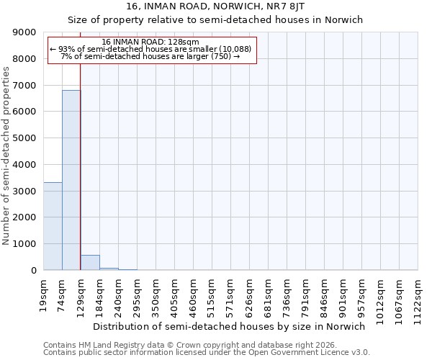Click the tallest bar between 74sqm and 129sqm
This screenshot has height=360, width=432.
pos(71,180)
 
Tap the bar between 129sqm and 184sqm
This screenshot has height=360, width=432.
pos(90,263)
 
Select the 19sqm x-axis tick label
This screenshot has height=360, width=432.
pos(44,294)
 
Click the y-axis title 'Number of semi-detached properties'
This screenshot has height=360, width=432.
pos(6,151)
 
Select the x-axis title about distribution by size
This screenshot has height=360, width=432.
pos(230,326)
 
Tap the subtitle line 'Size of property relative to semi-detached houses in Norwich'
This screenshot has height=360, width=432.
pos(215,19)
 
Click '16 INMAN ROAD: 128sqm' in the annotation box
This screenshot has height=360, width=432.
pos(150,42)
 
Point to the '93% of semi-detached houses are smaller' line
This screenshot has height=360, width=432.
pos(150,49)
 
